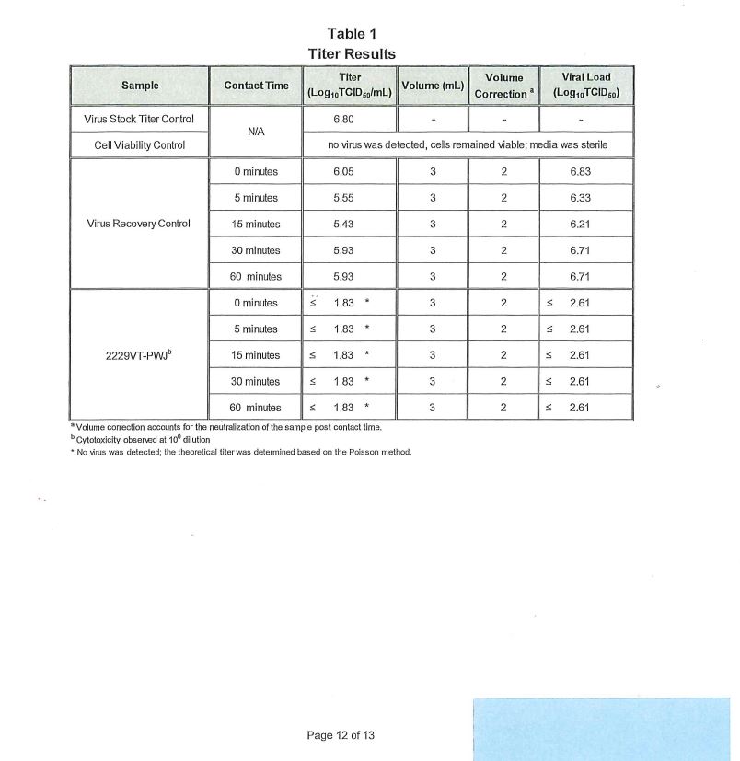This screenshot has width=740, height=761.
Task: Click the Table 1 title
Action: coord(351,35)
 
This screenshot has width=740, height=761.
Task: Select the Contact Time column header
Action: coord(256,86)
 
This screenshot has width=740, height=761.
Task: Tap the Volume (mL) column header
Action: coord(432,86)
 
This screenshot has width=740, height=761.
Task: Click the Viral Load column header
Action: coord(586,86)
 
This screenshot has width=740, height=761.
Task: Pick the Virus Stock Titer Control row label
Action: coord(140,119)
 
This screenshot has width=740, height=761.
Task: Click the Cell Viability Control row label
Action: coord(140,144)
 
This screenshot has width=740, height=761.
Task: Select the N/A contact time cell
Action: coord(256,132)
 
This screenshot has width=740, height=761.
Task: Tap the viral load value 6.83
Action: coord(586,171)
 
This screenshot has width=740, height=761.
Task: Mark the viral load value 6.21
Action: coord(586,224)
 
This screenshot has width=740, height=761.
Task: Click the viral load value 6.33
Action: coord(586,198)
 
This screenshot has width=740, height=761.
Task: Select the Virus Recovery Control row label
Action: coord(140,224)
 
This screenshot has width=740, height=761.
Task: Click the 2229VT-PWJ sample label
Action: coord(140,355)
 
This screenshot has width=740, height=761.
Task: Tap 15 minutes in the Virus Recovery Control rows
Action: coord(256,224)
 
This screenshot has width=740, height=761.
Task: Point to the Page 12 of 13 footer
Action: coord(341,735)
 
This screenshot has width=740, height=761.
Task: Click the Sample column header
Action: coord(140,86)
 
